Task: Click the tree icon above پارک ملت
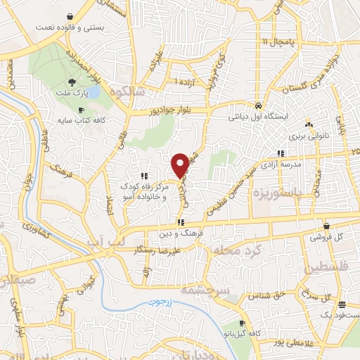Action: pyautogui.click(x=82, y=82)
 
